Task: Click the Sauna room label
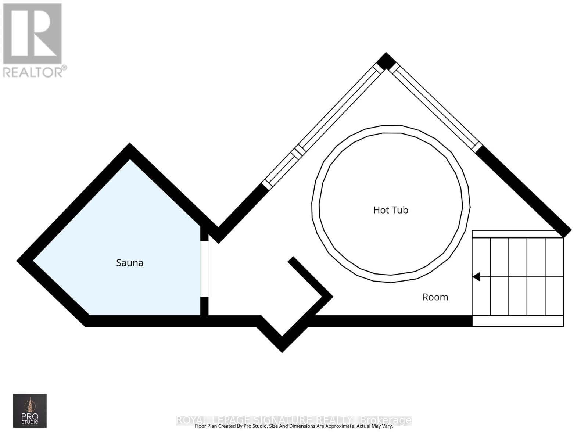[x=129, y=263]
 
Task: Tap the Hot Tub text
[x=391, y=210]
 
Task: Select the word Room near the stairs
[x=435, y=297]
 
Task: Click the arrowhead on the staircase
[x=477, y=277]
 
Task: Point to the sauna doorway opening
[x=204, y=269]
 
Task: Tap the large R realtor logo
[x=32, y=33]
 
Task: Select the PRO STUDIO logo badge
[x=30, y=410]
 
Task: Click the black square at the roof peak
[x=386, y=61]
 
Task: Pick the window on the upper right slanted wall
[x=435, y=108]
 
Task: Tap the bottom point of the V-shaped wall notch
[x=282, y=347]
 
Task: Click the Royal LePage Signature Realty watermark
[x=294, y=420]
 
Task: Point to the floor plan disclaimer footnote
[x=294, y=426]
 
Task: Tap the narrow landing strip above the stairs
[x=517, y=234]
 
